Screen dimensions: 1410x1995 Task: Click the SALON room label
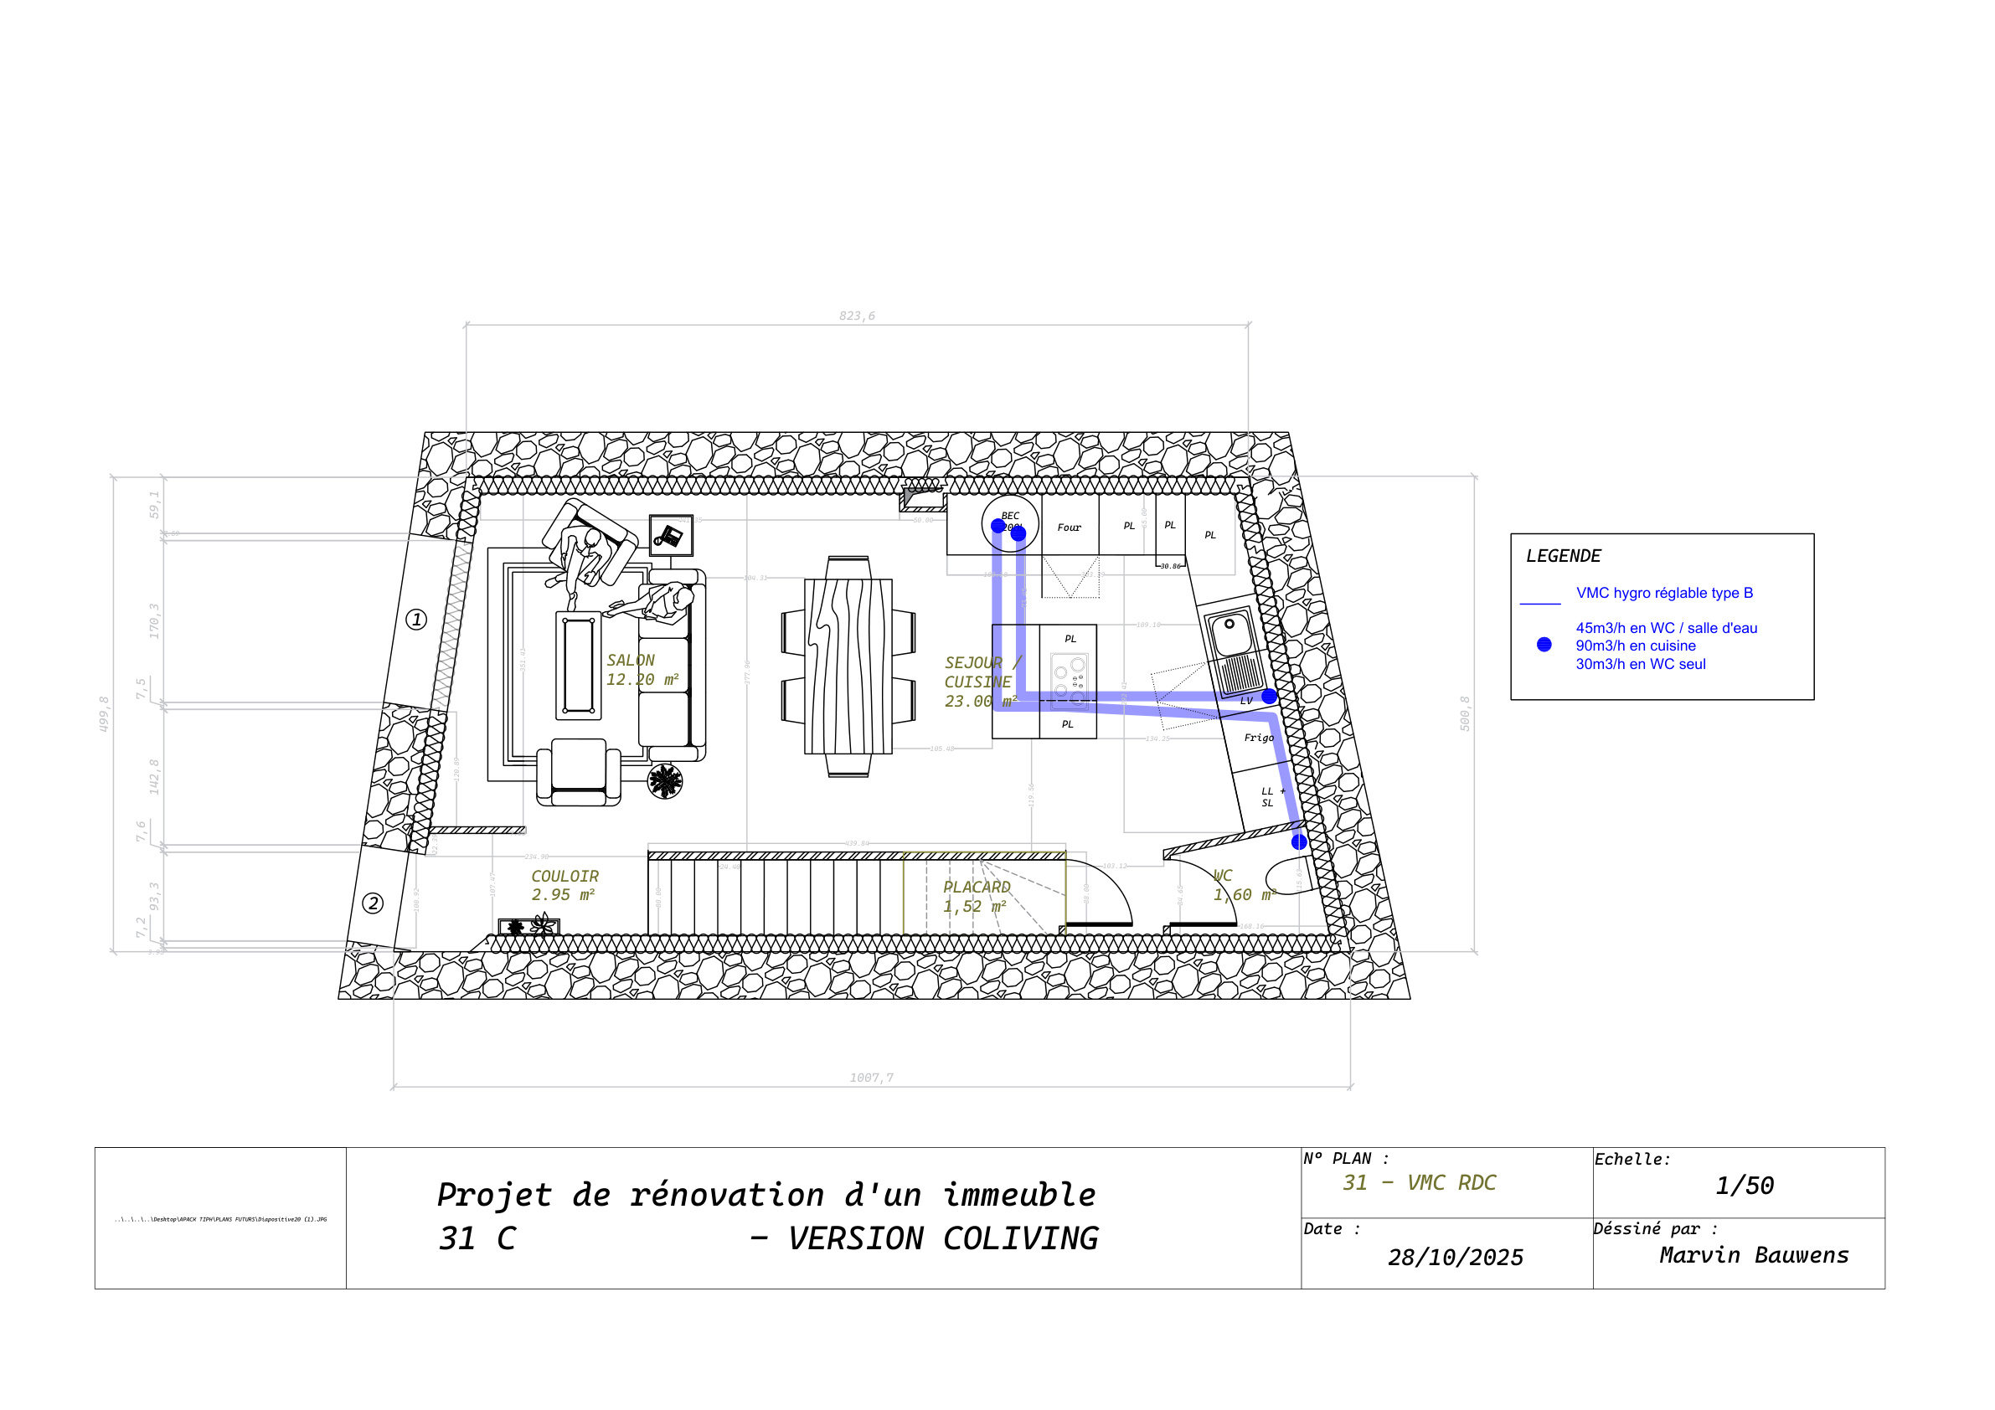[631, 661]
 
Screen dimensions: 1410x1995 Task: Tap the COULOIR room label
[564, 877]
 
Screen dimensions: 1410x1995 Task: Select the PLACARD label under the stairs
[977, 887]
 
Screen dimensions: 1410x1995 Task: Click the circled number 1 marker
[416, 620]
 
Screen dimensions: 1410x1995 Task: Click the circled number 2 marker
[373, 903]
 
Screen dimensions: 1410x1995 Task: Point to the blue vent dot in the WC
[1298, 841]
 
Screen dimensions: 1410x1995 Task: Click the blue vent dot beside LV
[1270, 696]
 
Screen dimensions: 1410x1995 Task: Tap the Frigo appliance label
[1258, 738]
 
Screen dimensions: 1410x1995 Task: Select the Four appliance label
[1069, 527]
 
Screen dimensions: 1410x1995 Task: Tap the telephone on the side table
[670, 535]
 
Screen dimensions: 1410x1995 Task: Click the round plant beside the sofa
[665, 781]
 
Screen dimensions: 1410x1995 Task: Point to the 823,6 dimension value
[857, 316]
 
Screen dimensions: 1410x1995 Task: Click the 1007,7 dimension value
[872, 1078]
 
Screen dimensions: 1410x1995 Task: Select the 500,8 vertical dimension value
[1465, 713]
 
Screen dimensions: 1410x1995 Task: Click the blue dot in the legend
[1544, 645]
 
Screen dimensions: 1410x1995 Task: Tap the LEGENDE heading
[1563, 556]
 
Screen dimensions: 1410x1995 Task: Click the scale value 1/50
[1744, 1186]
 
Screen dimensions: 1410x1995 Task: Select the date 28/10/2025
[1456, 1257]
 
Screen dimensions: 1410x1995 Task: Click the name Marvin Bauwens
[1754, 1254]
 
